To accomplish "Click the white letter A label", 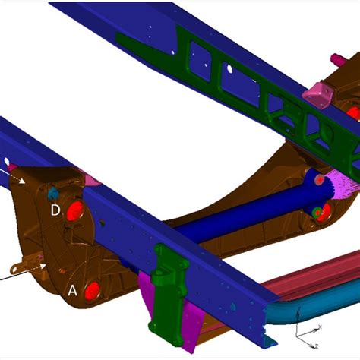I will [73, 289].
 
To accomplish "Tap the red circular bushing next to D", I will [75, 212].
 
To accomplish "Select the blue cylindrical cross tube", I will [228, 220].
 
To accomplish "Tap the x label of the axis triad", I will [321, 327].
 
